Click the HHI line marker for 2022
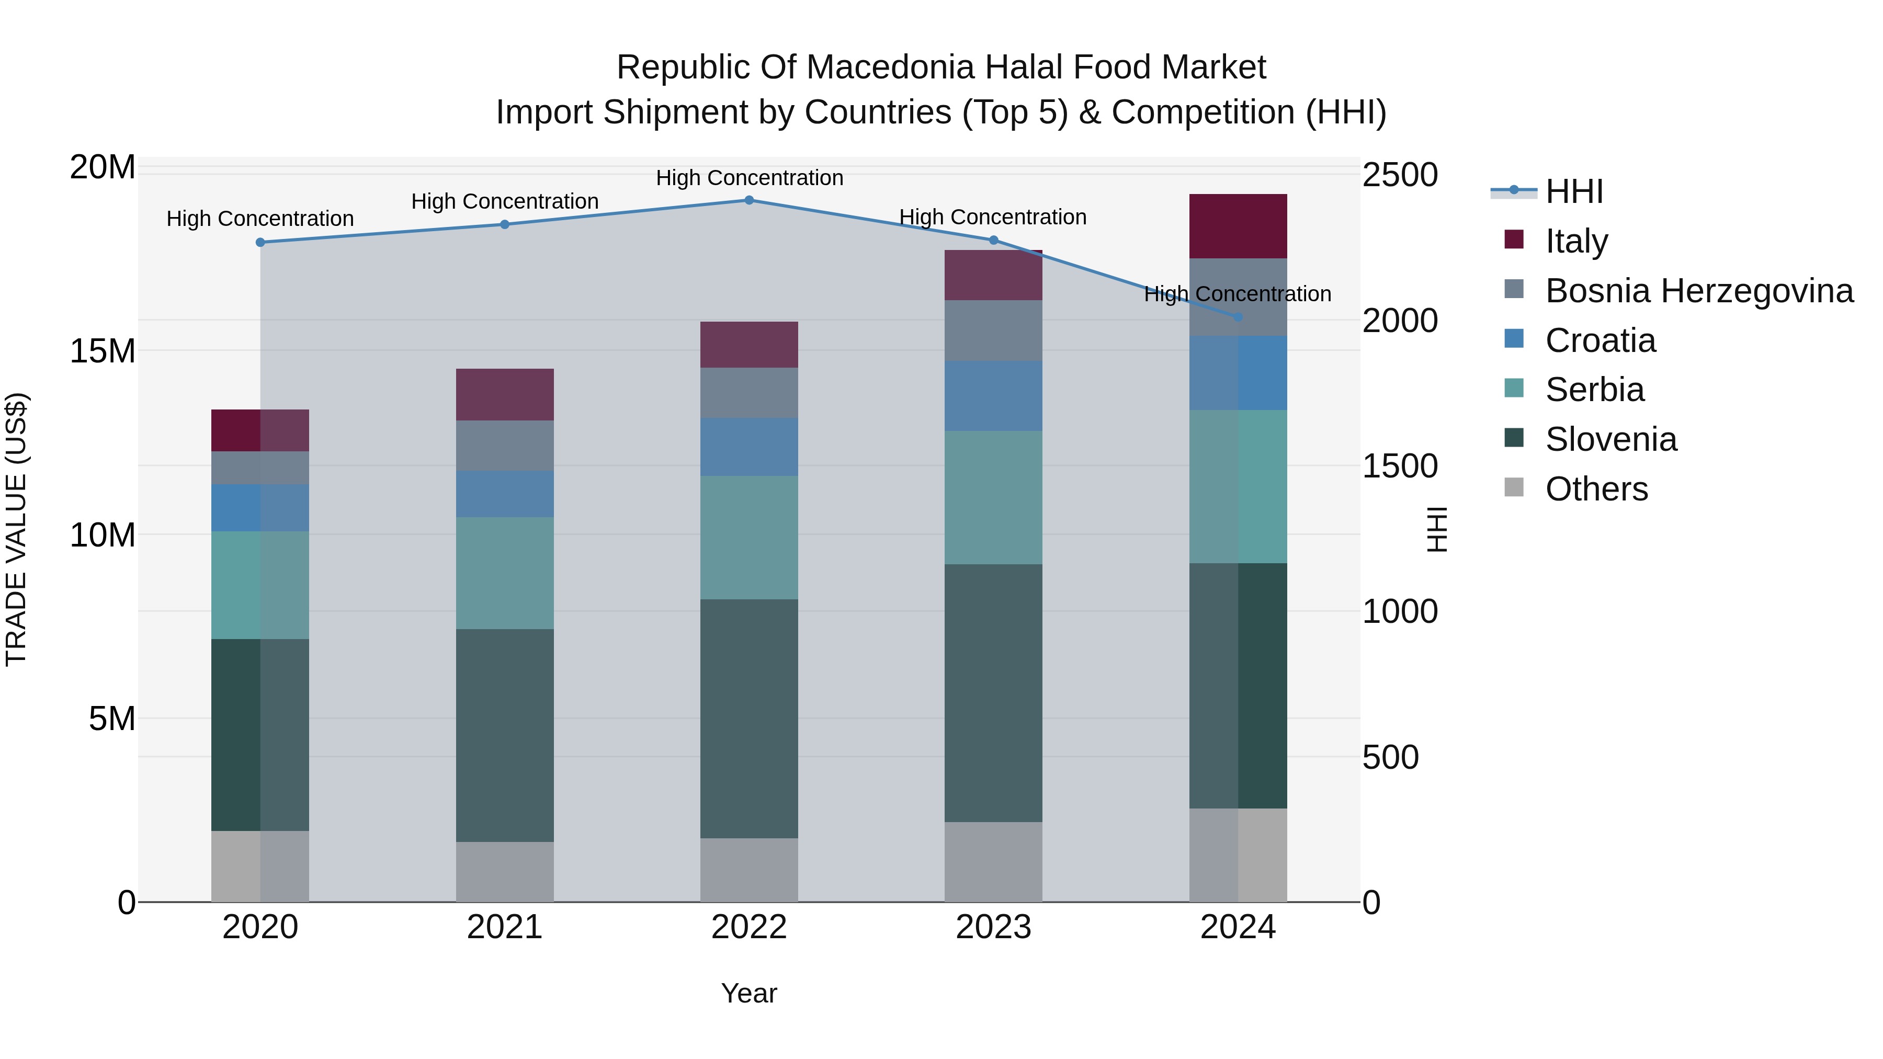(x=748, y=200)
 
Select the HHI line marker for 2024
(x=1238, y=317)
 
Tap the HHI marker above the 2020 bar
(x=260, y=243)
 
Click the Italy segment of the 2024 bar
(x=1238, y=226)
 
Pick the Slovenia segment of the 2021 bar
(x=504, y=735)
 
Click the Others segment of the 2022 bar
(x=748, y=870)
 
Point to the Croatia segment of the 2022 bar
(x=748, y=447)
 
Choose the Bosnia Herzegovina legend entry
(x=1699, y=291)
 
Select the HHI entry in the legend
(x=1574, y=191)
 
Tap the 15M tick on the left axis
(x=103, y=351)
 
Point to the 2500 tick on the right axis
(x=1400, y=175)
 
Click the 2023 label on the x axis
(x=993, y=927)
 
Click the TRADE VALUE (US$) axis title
(x=16, y=529)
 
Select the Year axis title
(x=748, y=993)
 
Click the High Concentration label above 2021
(x=504, y=201)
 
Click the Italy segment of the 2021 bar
(x=504, y=395)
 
